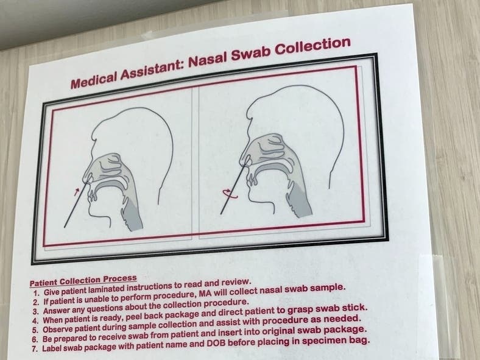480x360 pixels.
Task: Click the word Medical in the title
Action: coord(94,79)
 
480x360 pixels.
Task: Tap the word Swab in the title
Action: coord(250,52)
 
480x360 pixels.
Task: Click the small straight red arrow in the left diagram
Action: coord(77,192)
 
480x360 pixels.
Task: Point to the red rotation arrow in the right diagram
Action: coord(227,193)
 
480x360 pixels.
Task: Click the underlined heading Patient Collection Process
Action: coord(83,281)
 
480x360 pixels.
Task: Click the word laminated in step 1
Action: coord(107,289)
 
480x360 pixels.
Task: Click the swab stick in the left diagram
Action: coord(76,205)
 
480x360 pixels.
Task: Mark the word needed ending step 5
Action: coord(346,319)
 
